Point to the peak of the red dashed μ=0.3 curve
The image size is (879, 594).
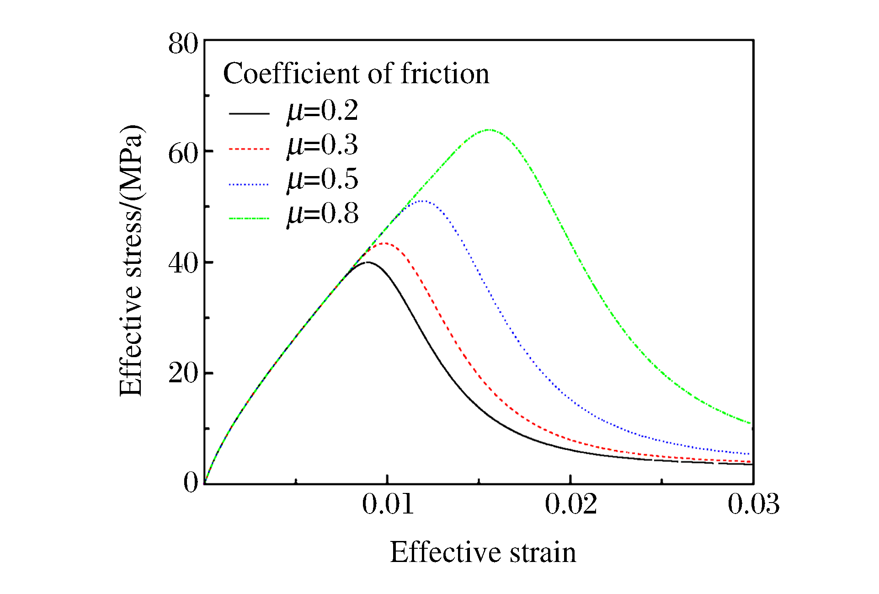pyautogui.click(x=385, y=243)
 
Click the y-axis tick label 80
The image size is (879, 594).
pyautogui.click(x=183, y=44)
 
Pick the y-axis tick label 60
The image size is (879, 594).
pyautogui.click(x=183, y=154)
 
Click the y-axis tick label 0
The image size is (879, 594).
pyautogui.click(x=191, y=482)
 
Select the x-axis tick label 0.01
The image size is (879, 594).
pyautogui.click(x=388, y=504)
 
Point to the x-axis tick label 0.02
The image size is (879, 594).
pyautogui.click(x=570, y=504)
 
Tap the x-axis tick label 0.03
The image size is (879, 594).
pyautogui.click(x=753, y=504)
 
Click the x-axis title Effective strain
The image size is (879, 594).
pyautogui.click(x=483, y=552)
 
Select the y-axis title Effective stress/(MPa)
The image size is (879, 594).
pyautogui.click(x=132, y=261)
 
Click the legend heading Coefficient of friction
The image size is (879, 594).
pyautogui.click(x=356, y=74)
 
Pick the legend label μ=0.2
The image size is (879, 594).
pyautogui.click(x=322, y=111)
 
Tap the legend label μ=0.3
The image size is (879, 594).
pyautogui.click(x=322, y=145)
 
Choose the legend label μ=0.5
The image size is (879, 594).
pyautogui.click(x=322, y=179)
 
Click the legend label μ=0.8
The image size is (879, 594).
pyautogui.click(x=322, y=214)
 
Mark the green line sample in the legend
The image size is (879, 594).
pyautogui.click(x=249, y=219)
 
